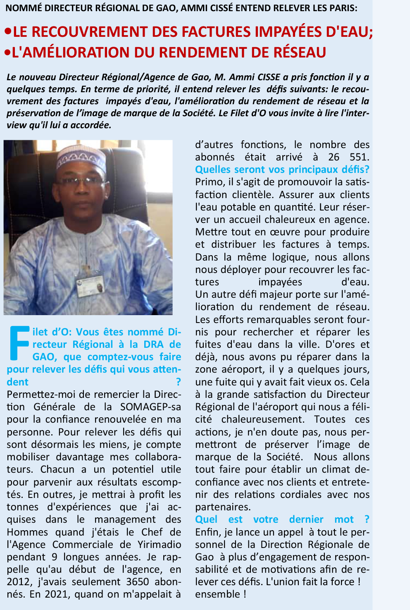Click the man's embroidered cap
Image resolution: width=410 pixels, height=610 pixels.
[82, 159]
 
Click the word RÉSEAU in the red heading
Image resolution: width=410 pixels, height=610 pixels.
[300, 53]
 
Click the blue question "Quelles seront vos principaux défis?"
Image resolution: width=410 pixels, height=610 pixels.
[282, 170]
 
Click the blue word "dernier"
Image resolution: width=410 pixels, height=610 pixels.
[306, 519]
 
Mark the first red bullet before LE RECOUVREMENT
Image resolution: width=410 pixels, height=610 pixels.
[7, 32]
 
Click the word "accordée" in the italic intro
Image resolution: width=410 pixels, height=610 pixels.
[93, 125]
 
